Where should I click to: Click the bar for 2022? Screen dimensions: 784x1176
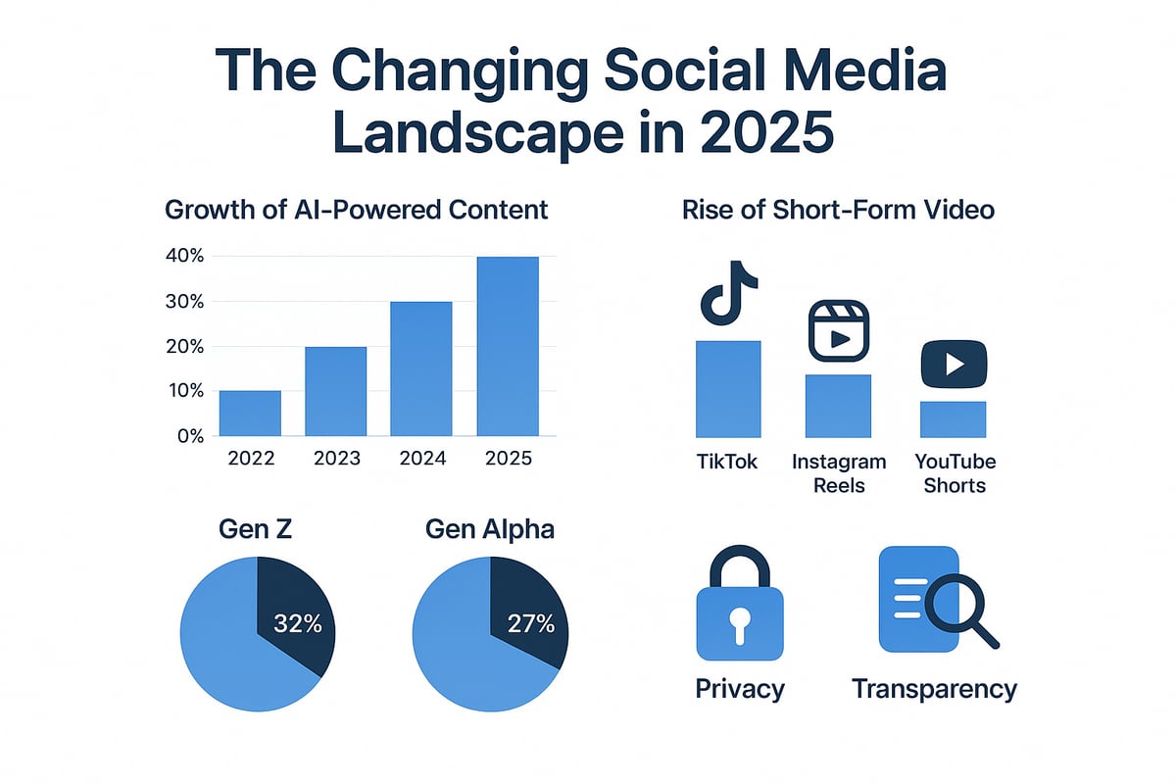250,413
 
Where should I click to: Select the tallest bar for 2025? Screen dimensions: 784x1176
508,346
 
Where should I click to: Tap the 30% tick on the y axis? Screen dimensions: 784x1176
183,302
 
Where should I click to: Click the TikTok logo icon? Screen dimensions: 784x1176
727,293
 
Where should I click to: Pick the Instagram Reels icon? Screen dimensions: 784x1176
839,332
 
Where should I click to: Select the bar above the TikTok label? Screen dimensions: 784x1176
728,388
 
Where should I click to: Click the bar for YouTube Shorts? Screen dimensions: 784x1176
954,418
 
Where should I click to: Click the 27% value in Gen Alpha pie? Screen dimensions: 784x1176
529,623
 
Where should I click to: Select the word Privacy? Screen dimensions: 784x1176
740,688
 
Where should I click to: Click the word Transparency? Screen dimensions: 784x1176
934,688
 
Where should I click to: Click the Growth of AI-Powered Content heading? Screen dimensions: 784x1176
356,210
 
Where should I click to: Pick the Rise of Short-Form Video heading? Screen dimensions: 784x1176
838,210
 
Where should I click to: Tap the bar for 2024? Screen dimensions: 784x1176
421,368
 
